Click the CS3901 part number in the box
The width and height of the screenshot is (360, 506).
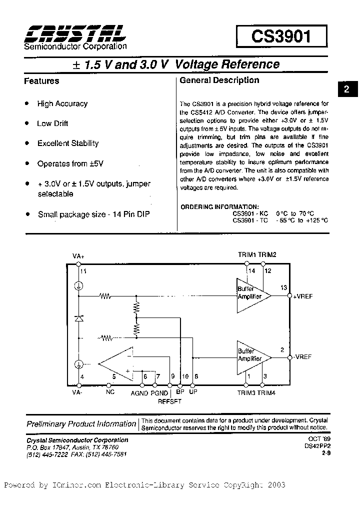281,37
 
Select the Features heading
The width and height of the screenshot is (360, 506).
41,81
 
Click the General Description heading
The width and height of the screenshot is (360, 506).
219,80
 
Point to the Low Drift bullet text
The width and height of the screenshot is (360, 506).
52,123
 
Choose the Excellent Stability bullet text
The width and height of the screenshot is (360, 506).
68,143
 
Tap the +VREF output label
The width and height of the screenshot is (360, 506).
303,296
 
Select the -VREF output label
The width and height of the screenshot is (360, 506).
302,357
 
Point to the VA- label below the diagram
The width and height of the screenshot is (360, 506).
77,392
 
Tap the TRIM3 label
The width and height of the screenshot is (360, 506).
247,392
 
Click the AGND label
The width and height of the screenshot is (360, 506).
139,393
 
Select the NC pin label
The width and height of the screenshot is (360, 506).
110,392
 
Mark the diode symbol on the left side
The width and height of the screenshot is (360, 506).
78,318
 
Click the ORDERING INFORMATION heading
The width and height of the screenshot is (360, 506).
219,206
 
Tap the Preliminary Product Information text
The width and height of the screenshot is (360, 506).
81,424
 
